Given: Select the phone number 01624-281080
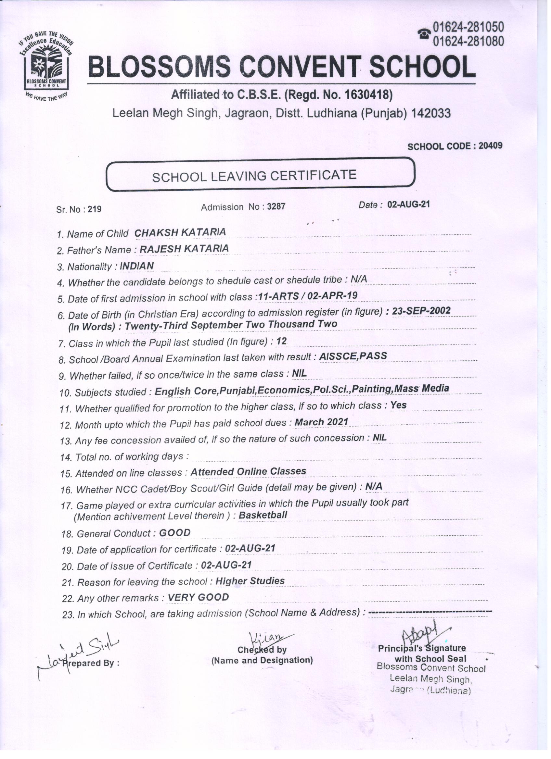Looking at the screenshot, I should pos(468,41).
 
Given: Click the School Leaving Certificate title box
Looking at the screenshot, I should pos(260,175).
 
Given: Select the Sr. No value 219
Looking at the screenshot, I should pos(95,209).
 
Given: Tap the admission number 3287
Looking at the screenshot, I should pos(276,206).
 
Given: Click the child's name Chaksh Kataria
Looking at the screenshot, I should pos(180,232).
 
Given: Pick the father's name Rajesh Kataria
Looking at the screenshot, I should pos(184,249).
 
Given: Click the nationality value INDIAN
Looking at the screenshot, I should pos(137,266).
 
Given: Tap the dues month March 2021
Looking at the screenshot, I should pos(321,422).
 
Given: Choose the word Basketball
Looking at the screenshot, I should pos(263,515).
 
